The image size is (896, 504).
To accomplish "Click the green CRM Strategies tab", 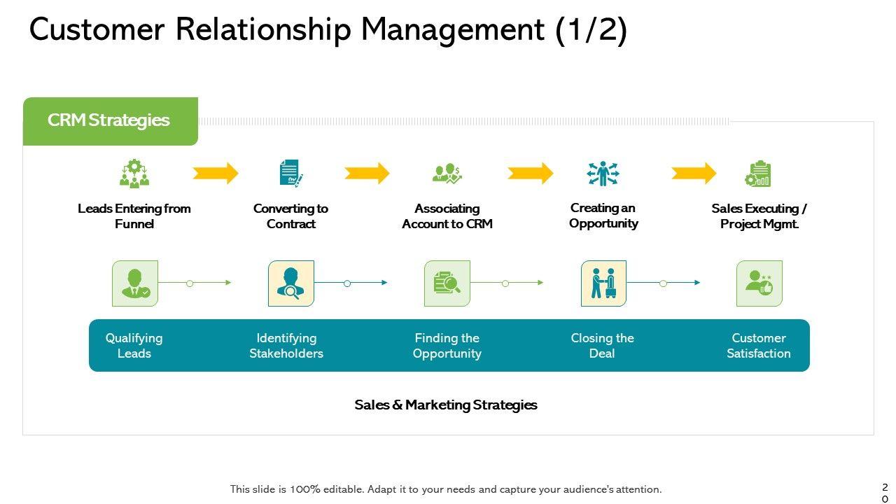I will click(x=110, y=121).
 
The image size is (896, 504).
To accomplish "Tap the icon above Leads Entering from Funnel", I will click(x=134, y=173).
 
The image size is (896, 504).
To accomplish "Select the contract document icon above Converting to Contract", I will click(x=290, y=173).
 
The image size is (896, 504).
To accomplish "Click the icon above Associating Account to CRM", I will click(x=447, y=173).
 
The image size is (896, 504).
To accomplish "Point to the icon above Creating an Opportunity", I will click(x=603, y=173).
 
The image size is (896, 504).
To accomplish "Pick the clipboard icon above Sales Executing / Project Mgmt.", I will click(x=759, y=174).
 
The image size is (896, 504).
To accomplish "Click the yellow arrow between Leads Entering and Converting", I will click(x=216, y=173).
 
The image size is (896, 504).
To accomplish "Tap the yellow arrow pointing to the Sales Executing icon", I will click(x=694, y=173).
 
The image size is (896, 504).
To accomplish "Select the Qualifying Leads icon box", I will click(x=135, y=283).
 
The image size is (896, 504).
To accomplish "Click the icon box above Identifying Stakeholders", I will click(x=291, y=283).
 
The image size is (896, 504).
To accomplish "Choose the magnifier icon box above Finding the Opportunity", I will click(x=447, y=283).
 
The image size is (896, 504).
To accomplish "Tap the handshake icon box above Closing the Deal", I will click(x=603, y=283).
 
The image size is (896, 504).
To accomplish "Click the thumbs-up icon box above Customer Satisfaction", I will click(x=759, y=283).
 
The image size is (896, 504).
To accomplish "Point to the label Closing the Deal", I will click(x=602, y=346).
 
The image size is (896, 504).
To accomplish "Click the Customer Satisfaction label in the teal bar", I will click(x=759, y=346).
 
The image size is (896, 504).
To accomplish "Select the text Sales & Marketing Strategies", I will click(x=446, y=405).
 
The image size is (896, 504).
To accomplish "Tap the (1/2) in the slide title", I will click(x=591, y=29).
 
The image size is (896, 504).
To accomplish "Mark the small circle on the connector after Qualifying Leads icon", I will click(x=190, y=283).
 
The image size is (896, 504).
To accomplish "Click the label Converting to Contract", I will click(x=290, y=216).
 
